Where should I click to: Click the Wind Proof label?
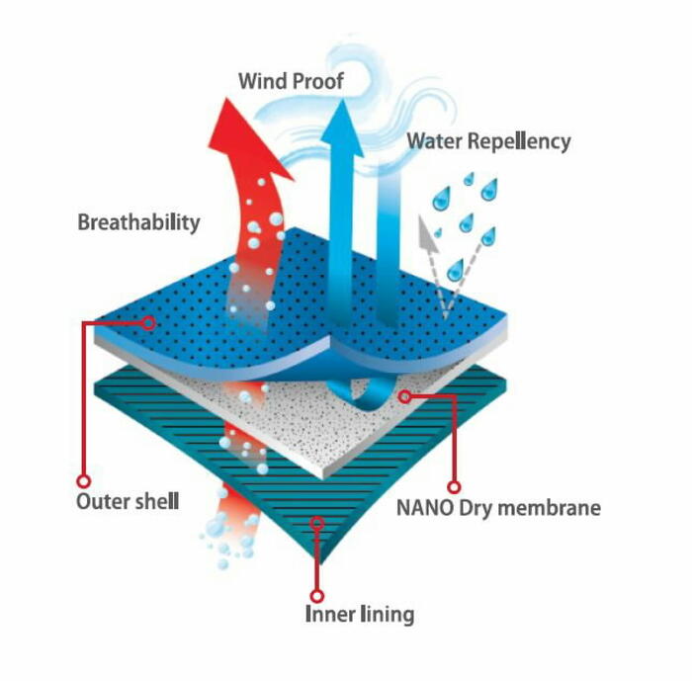(291, 81)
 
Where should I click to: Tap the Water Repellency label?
(488, 141)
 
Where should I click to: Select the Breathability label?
(138, 222)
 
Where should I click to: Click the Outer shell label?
(128, 501)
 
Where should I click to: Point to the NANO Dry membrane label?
(498, 508)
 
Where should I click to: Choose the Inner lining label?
(360, 614)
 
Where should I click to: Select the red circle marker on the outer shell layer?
(148, 323)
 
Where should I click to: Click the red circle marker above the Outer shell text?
(83, 480)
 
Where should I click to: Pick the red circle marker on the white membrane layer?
(404, 396)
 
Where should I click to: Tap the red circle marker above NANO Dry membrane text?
(454, 487)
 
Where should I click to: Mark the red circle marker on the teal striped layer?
(317, 524)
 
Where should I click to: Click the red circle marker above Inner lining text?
(317, 596)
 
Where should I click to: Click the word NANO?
(425, 508)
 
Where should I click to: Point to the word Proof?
(318, 81)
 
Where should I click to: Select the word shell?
(156, 501)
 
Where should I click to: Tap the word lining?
(388, 614)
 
